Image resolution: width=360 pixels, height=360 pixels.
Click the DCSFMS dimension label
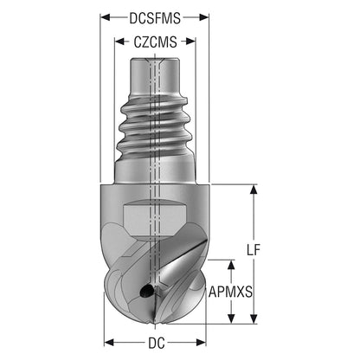click(x=155, y=18)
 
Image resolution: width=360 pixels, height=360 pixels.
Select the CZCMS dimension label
click(x=155, y=42)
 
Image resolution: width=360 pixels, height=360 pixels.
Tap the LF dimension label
click(x=254, y=249)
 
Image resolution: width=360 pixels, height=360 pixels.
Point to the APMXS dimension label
click(x=230, y=292)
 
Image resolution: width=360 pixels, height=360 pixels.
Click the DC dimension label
click(x=157, y=343)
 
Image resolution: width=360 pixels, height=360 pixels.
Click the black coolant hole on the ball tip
click(x=146, y=291)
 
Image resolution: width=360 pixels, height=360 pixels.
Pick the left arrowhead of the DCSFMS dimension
click(x=105, y=17)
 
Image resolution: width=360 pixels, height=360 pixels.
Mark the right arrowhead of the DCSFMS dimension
click(x=203, y=17)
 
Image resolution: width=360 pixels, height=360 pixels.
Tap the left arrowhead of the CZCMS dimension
click(x=119, y=42)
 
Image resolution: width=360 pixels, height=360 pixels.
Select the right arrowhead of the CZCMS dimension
click(x=190, y=42)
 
